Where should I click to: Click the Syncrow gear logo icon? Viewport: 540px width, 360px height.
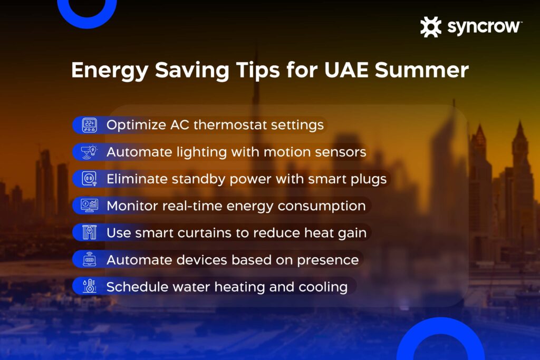pos(430,27)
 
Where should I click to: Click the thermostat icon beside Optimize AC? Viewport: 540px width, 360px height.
pos(89,125)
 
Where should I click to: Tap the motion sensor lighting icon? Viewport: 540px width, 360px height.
pos(89,152)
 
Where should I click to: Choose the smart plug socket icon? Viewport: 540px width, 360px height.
pos(89,179)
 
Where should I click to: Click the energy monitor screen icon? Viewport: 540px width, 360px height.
pos(89,206)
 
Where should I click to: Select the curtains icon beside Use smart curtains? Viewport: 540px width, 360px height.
pos(89,232)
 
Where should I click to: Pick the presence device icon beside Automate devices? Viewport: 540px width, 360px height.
pos(89,260)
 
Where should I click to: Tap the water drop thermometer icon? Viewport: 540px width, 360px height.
pos(89,287)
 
